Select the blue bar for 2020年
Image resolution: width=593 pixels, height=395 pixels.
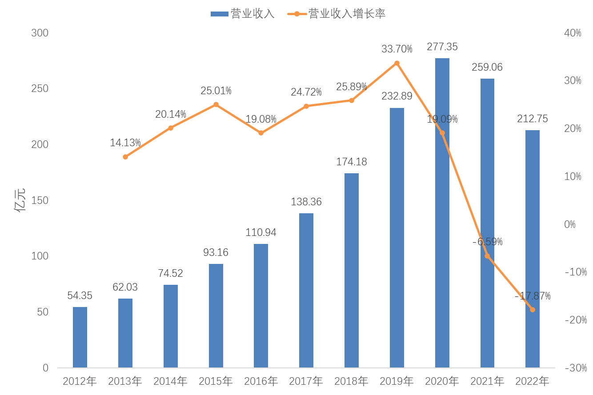point(442,213)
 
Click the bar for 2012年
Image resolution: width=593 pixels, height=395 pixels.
point(80,337)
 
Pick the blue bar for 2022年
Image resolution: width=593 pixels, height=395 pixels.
point(533,249)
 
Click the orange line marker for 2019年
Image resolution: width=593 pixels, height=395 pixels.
point(397,63)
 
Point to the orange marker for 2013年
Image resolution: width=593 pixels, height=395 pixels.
point(125,157)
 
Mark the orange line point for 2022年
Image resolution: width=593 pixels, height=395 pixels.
point(533,310)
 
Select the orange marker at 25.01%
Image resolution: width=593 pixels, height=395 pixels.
point(216,104)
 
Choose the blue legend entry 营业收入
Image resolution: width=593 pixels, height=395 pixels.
point(243,14)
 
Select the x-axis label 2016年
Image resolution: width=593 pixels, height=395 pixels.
point(261,381)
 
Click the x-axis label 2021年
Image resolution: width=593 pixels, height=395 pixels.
point(487,381)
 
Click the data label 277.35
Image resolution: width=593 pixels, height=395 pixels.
point(442,47)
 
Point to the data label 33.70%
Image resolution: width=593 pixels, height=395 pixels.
point(397,49)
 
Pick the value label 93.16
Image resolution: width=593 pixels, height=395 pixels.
point(216,252)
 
